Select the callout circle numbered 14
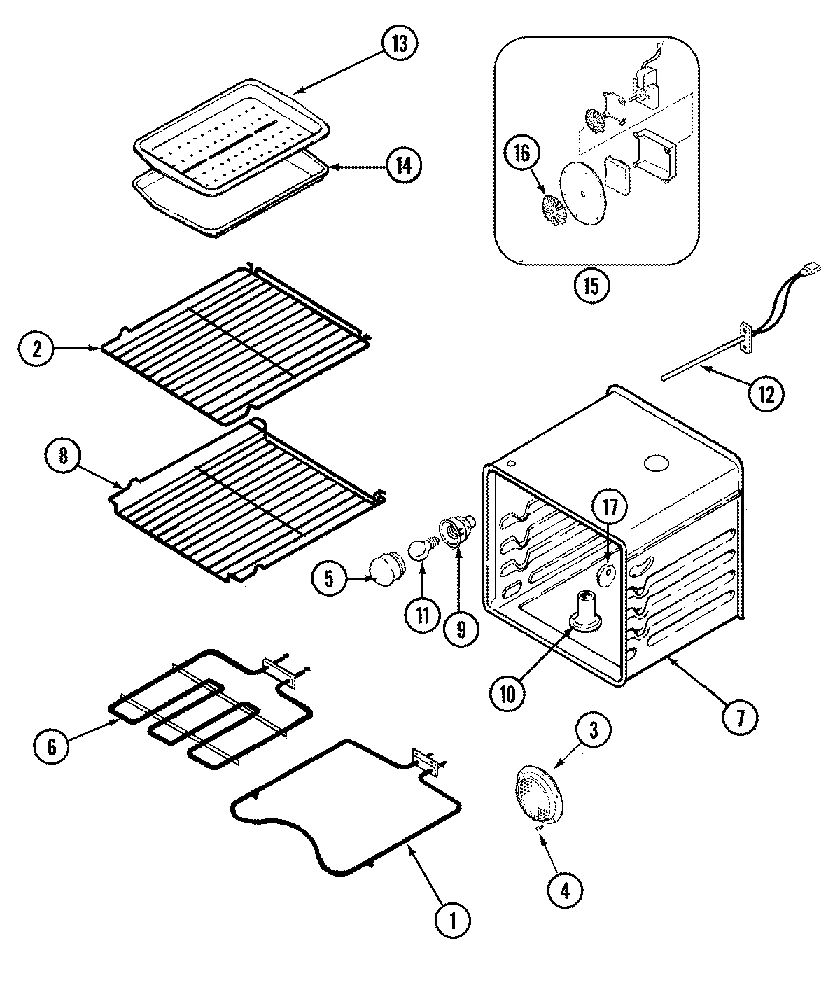click(x=404, y=166)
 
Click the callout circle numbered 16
click(x=523, y=153)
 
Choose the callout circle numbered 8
click(x=64, y=456)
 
